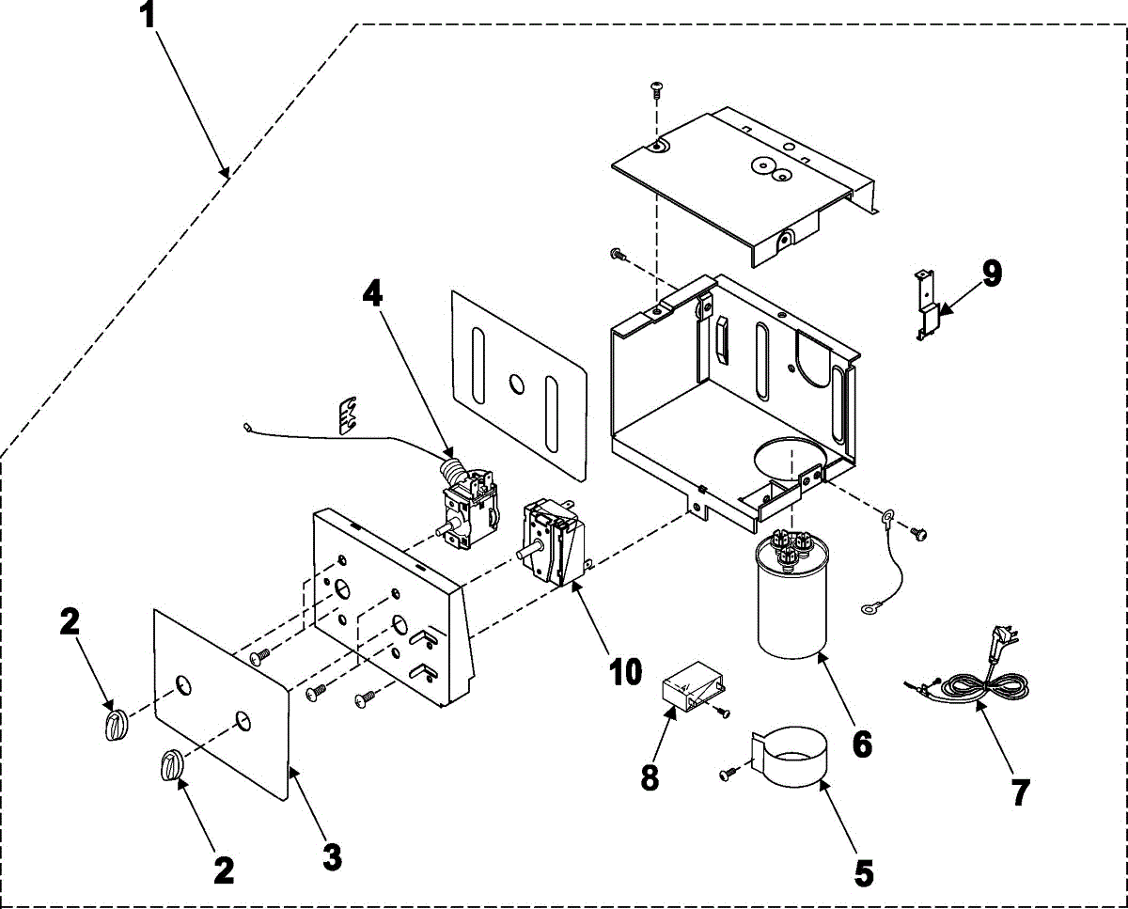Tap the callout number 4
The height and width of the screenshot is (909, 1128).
[x=373, y=292]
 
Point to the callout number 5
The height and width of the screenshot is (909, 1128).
[x=863, y=873]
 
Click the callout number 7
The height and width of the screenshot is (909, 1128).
[x=1020, y=791]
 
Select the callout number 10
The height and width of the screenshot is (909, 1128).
[x=624, y=671]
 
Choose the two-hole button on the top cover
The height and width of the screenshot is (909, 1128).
[x=770, y=169]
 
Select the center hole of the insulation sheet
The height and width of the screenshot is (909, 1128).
[x=516, y=383]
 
